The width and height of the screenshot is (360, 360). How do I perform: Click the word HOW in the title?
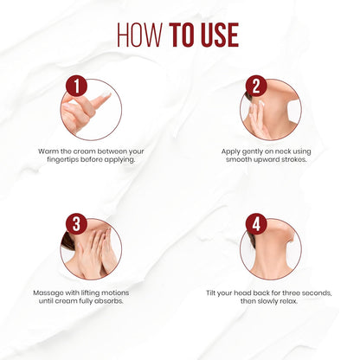[x=139, y=35]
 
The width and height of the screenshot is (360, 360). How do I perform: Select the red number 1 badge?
[x=76, y=86]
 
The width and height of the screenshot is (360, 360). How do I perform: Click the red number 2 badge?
[x=256, y=86]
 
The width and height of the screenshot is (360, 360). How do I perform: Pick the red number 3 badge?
[x=76, y=224]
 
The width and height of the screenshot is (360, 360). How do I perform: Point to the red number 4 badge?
[x=256, y=224]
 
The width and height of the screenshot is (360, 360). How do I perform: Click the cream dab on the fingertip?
[x=106, y=95]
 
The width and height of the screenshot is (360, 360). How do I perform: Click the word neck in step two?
[x=283, y=151]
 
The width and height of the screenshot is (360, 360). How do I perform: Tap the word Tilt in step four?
[x=210, y=293]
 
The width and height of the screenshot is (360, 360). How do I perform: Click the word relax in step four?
[x=289, y=301]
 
